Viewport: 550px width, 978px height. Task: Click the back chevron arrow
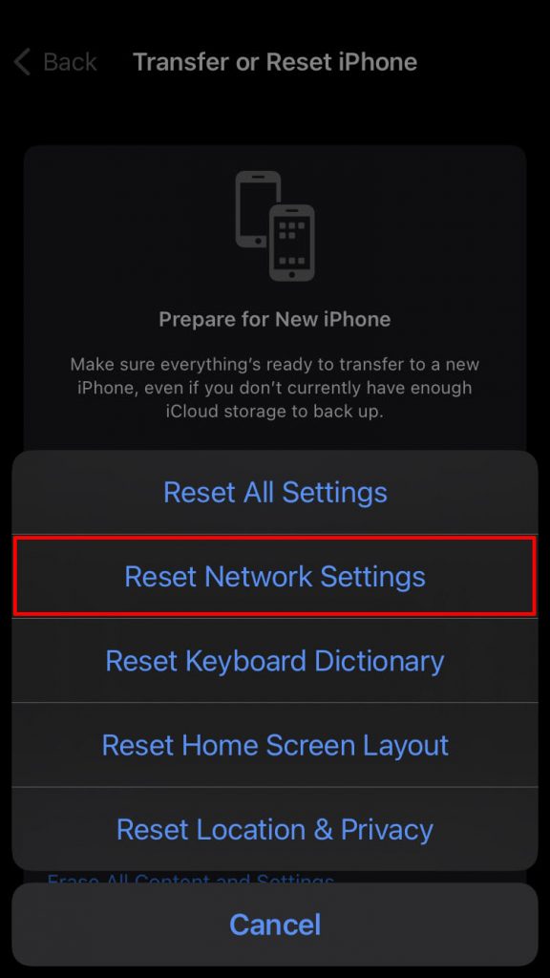pyautogui.click(x=22, y=63)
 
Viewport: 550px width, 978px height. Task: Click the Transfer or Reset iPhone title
pyautogui.click(x=275, y=63)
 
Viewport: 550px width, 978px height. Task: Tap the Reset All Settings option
pyautogui.click(x=275, y=492)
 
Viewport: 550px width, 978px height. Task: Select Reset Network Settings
pyautogui.click(x=275, y=576)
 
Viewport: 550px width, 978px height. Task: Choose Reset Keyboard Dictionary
pyautogui.click(x=275, y=661)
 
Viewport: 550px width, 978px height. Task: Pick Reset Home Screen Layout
pyautogui.click(x=275, y=745)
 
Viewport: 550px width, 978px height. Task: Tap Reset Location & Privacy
pyautogui.click(x=275, y=829)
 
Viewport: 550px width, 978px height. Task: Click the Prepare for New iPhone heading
pyautogui.click(x=275, y=319)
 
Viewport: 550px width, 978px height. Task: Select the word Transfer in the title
pyautogui.click(x=175, y=63)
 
